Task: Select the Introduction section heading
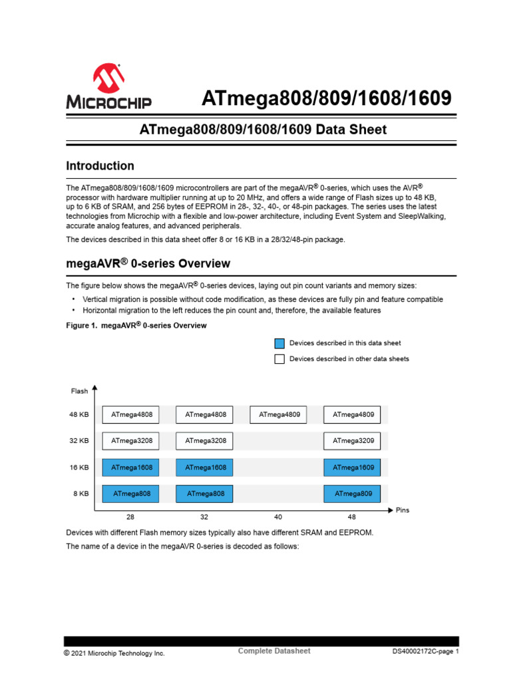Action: [100, 166]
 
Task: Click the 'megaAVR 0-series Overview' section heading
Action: [148, 264]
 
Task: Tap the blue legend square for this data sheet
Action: [279, 343]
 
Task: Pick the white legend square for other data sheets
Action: [279, 359]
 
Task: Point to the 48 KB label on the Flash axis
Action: [79, 415]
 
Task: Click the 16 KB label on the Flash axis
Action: [79, 468]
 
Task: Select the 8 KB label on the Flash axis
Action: [81, 493]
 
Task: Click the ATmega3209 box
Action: [353, 440]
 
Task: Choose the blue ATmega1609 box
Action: [353, 468]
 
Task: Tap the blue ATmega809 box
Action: [353, 493]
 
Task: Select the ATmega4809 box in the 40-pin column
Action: [279, 415]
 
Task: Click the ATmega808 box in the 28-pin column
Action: [131, 493]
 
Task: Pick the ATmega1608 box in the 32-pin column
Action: [205, 468]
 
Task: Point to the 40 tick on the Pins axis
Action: [277, 516]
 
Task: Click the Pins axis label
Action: [403, 510]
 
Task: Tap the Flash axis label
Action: [79, 391]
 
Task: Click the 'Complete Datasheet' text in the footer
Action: [274, 651]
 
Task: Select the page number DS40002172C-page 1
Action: [426, 652]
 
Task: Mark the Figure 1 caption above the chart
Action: [136, 326]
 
